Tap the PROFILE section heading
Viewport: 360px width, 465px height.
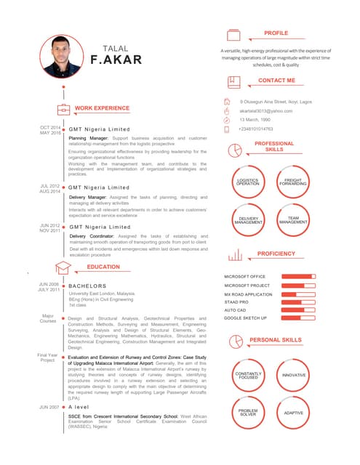pyautogui.click(x=276, y=33)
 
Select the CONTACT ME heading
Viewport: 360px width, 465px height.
pyautogui.click(x=276, y=80)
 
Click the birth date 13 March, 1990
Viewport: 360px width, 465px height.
pyautogui.click(x=255, y=119)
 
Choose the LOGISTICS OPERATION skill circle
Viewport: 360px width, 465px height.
pyautogui.click(x=248, y=182)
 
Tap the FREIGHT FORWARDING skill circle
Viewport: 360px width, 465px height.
pyautogui.click(x=293, y=182)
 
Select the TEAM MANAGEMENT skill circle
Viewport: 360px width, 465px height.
pyautogui.click(x=293, y=219)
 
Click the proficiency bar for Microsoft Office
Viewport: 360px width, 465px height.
pyautogui.click(x=298, y=277)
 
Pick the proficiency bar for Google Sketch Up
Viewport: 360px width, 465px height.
pyautogui.click(x=298, y=318)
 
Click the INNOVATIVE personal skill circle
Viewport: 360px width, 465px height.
pyautogui.click(x=293, y=375)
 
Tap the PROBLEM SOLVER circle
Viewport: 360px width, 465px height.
pyautogui.click(x=248, y=413)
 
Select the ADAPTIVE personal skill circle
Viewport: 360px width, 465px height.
pyautogui.click(x=293, y=413)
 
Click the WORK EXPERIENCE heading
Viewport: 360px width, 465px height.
pyautogui.click(x=102, y=108)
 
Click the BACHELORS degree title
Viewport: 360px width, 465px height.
pyautogui.click(x=87, y=286)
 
